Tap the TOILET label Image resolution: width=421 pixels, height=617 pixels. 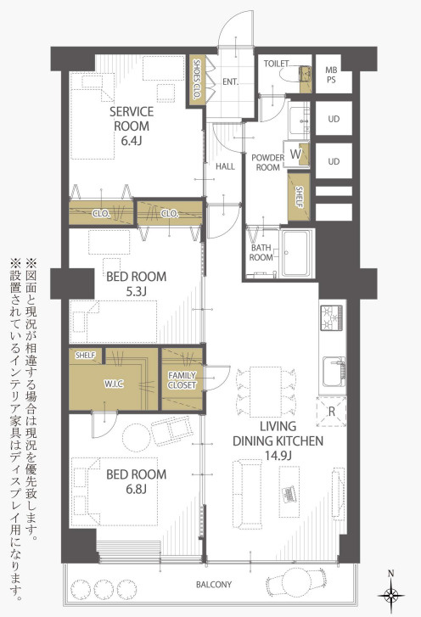pyautogui.click(x=276, y=64)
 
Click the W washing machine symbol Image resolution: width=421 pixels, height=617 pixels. pyautogui.click(x=295, y=154)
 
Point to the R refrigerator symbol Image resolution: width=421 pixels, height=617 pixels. pyautogui.click(x=332, y=412)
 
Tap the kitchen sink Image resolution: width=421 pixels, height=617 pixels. pyautogui.click(x=334, y=372)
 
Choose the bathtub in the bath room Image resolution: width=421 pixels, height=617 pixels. pyautogui.click(x=297, y=253)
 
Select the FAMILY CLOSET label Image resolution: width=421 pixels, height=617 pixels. pyautogui.click(x=182, y=380)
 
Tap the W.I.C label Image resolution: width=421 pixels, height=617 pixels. pyautogui.click(x=114, y=384)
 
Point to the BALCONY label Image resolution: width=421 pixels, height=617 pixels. pyautogui.click(x=214, y=585)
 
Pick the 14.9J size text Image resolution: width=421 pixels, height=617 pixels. pyautogui.click(x=278, y=456)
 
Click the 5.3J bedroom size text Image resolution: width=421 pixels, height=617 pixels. pyautogui.click(x=136, y=292)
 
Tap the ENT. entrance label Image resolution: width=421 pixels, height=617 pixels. pyautogui.click(x=230, y=81)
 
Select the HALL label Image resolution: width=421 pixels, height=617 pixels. pyautogui.click(x=225, y=166)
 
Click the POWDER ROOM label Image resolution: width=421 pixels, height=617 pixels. pyautogui.click(x=267, y=162)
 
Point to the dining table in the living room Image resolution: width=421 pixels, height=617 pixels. pyautogui.click(x=266, y=392)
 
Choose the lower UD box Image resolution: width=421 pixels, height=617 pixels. pyautogui.click(x=334, y=161)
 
